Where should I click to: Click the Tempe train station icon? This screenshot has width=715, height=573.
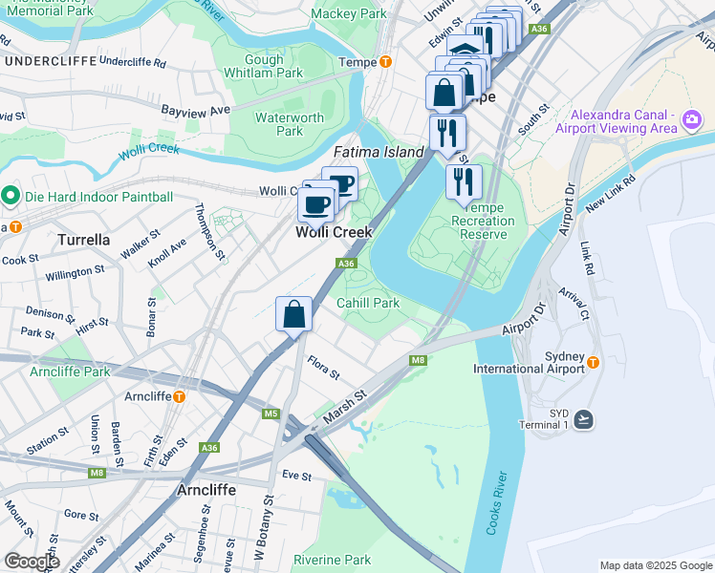[x=385, y=62]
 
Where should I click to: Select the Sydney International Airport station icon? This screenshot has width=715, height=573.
[x=593, y=362]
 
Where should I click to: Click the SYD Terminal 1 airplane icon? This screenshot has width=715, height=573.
[x=583, y=419]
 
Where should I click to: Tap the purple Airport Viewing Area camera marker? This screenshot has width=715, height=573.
[x=692, y=121]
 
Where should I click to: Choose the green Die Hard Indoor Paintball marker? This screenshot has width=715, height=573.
[x=11, y=197]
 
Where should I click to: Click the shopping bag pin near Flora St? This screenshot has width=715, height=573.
[x=293, y=313]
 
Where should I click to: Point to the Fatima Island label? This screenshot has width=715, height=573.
[x=378, y=152]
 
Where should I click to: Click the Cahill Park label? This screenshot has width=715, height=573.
[x=367, y=303]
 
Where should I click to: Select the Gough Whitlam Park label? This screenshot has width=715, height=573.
[x=264, y=66]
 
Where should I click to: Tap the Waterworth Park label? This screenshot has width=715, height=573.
[x=290, y=124]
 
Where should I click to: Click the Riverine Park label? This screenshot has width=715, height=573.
[x=332, y=560]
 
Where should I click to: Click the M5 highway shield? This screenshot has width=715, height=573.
[x=271, y=414]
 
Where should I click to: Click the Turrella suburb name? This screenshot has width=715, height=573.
[x=85, y=240]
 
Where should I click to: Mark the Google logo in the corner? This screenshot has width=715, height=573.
[x=32, y=562]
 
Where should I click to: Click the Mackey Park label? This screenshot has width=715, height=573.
[x=349, y=14]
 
